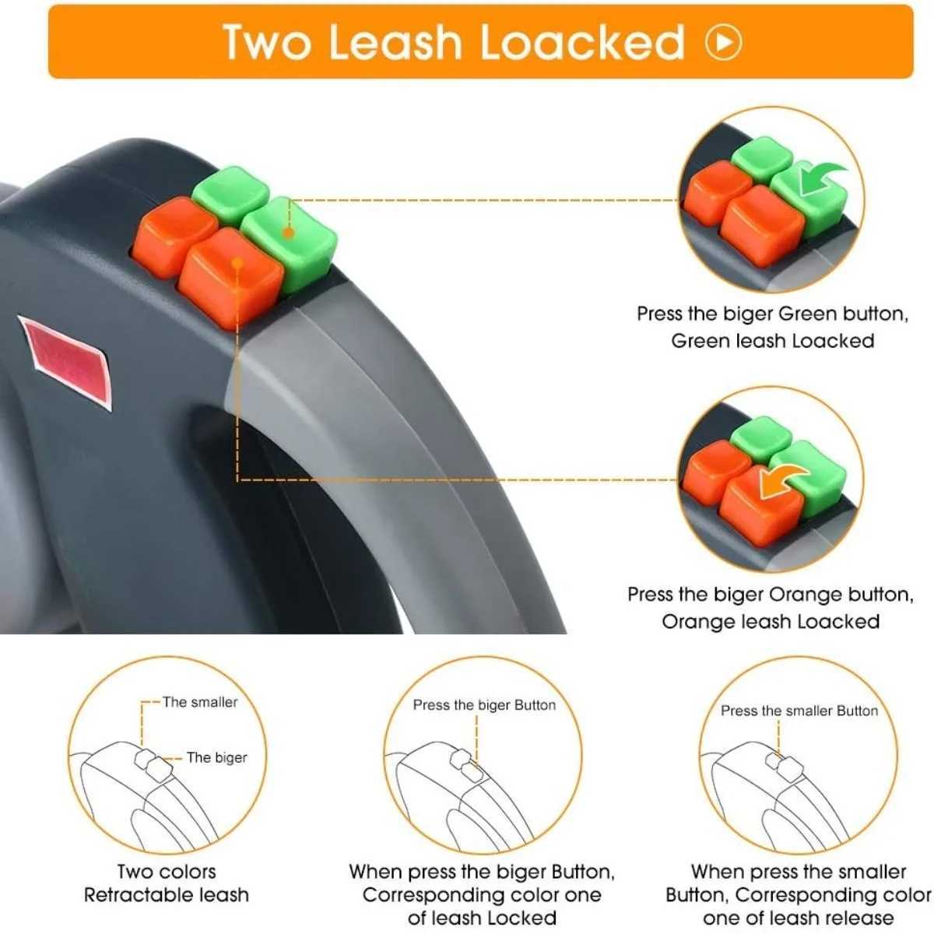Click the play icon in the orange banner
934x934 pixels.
click(x=723, y=42)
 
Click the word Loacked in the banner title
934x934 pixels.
click(x=582, y=42)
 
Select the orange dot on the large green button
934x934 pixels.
click(x=288, y=232)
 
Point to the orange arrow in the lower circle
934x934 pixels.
click(x=783, y=477)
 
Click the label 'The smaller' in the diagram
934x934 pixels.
click(x=200, y=702)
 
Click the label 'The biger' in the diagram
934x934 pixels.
click(x=216, y=757)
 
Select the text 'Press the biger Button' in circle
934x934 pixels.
click(x=484, y=705)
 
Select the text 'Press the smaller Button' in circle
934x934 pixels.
click(x=799, y=711)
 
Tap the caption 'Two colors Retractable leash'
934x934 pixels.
click(x=167, y=883)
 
